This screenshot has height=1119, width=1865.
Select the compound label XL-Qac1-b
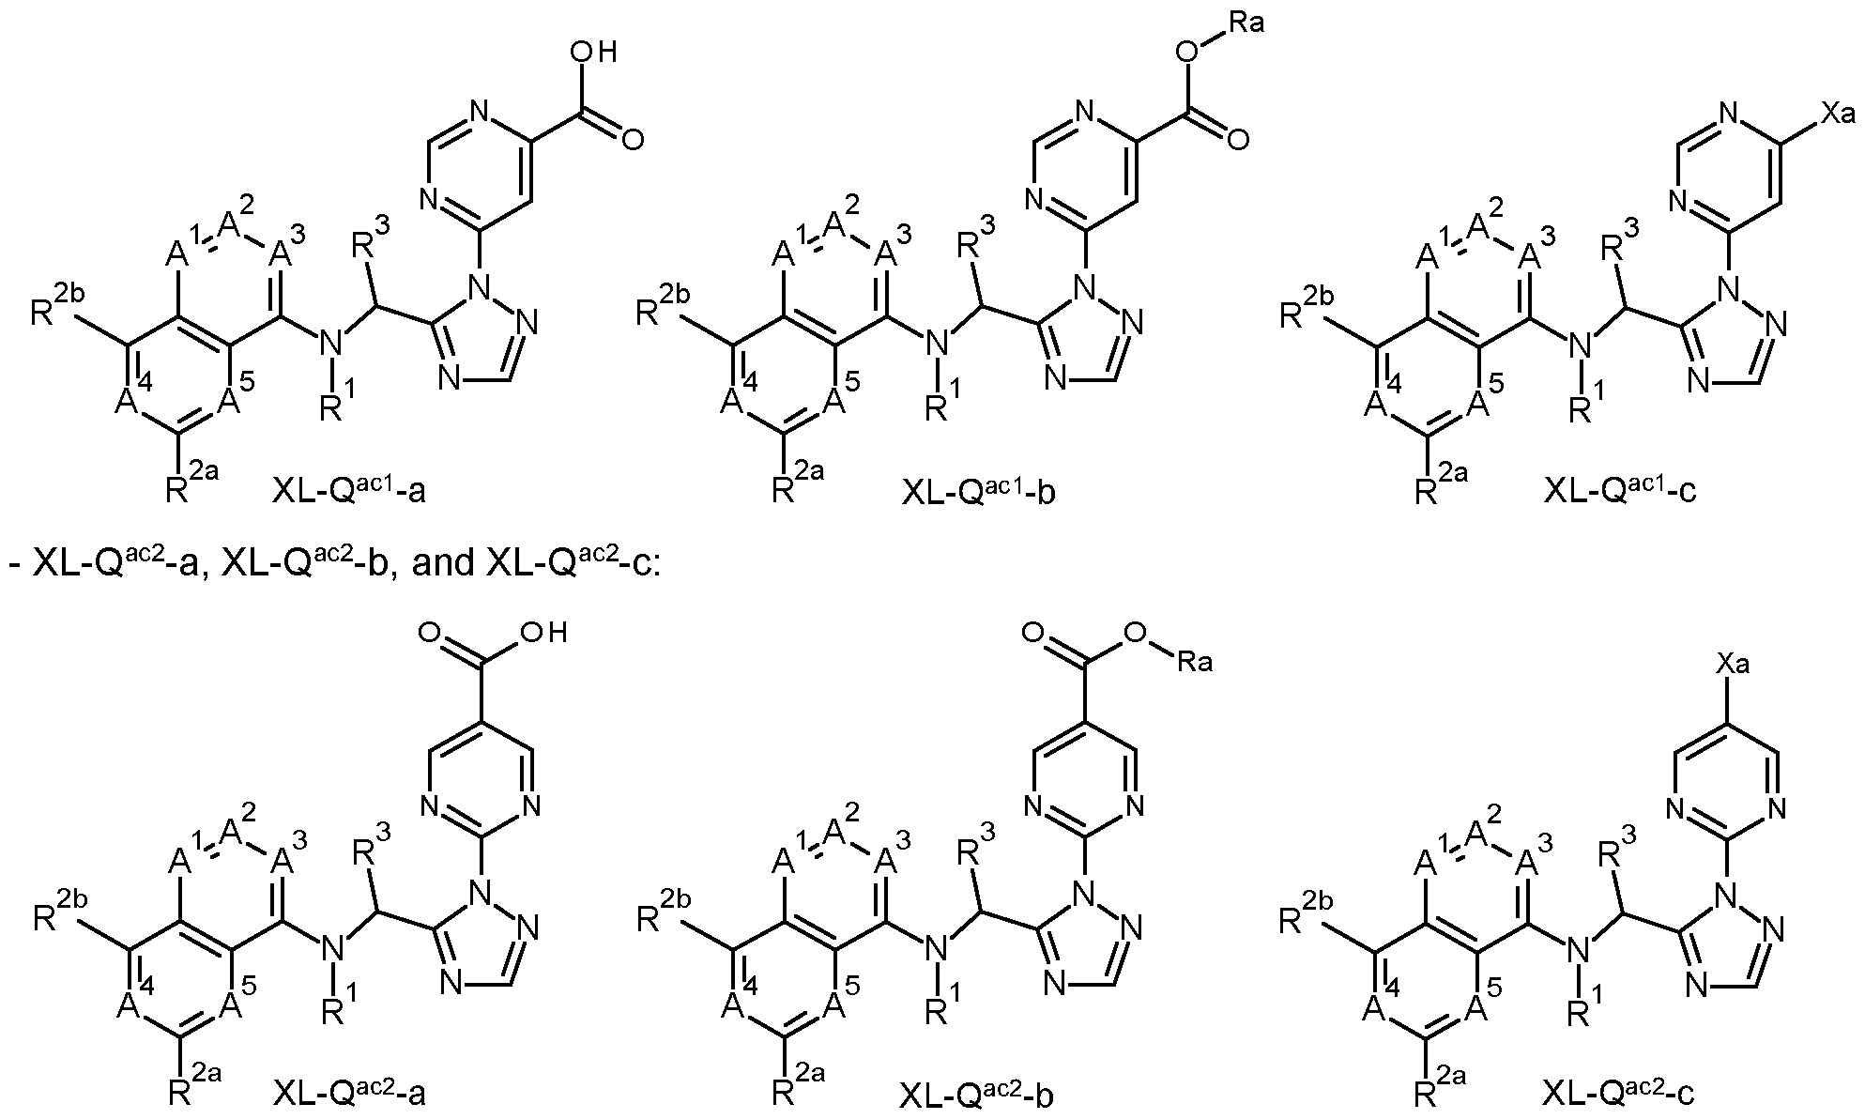tap(978, 491)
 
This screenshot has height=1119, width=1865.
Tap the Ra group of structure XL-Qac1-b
tap(1246, 22)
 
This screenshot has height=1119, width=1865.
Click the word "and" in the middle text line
tap(416, 566)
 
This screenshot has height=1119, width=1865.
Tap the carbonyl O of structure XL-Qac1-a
tap(633, 140)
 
